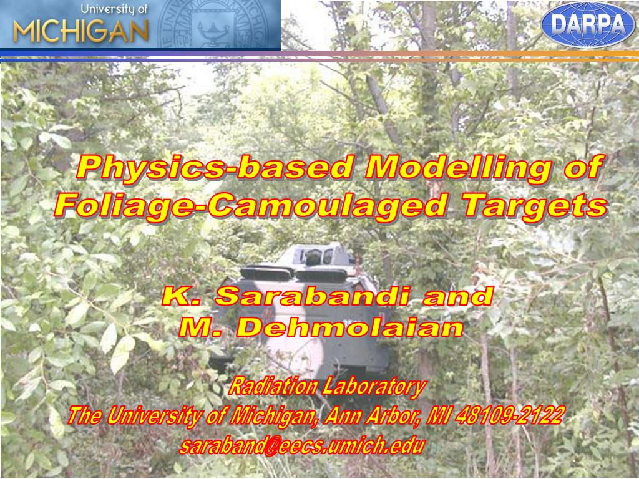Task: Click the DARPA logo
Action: click(588, 24)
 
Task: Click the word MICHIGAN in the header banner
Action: click(80, 32)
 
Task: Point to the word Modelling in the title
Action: click(459, 167)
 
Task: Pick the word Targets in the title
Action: click(534, 206)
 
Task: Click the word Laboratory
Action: click(374, 387)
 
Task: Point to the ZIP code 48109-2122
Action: click(510, 416)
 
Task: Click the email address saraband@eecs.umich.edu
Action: click(302, 446)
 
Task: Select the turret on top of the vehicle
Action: click(313, 255)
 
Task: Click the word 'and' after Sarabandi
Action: click(458, 296)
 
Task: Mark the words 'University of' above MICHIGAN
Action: click(114, 9)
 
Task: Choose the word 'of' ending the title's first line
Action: click(583, 167)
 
